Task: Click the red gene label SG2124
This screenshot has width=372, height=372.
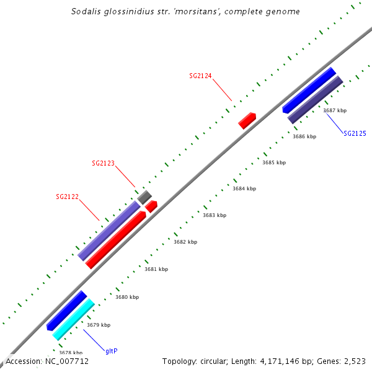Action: point(200,76)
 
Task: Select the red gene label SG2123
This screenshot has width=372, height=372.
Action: point(103,164)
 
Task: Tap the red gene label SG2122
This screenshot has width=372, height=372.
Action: point(67,197)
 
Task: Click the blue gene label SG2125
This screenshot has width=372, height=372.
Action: point(355,133)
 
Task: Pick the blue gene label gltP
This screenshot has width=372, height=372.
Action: point(112,351)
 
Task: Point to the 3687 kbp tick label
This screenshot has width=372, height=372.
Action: point(335,110)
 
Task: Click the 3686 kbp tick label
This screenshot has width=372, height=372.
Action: point(304,136)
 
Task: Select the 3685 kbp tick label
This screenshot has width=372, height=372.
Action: point(274,162)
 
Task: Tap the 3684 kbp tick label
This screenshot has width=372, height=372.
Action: point(244,188)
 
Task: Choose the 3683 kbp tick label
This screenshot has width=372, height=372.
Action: point(215,215)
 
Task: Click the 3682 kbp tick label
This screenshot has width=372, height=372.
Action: point(185,242)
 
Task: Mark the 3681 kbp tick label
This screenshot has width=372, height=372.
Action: point(156,269)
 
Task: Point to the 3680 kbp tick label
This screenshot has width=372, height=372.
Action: point(127,297)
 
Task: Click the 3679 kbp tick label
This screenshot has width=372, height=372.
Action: point(99,325)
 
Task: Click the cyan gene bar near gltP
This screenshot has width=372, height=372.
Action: point(73,320)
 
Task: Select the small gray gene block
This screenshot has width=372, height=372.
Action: point(144,197)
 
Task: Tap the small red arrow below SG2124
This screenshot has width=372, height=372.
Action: point(247,120)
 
